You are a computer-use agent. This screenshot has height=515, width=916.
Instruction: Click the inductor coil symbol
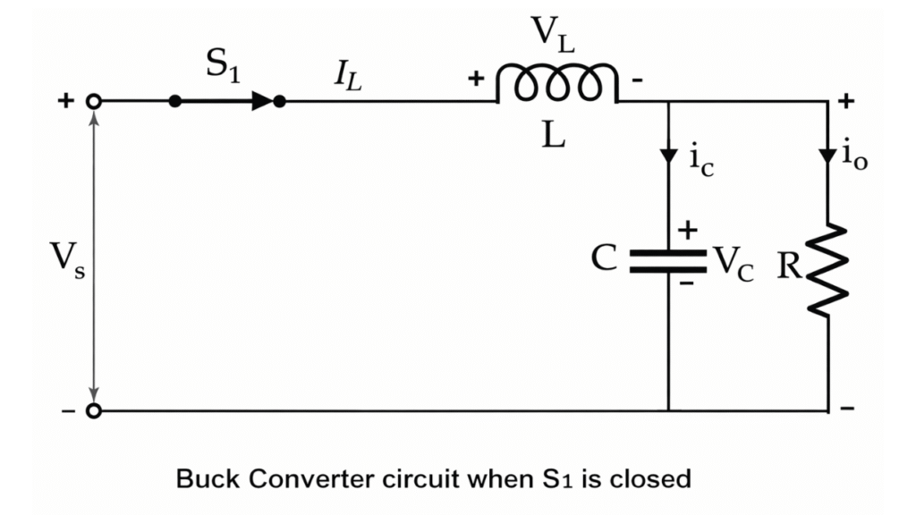pos(556,85)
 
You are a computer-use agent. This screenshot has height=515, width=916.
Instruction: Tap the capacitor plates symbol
pos(668,259)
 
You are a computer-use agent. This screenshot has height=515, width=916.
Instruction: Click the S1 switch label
pos(223,67)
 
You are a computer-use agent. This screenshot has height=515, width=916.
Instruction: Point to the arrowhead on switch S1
pos(262,101)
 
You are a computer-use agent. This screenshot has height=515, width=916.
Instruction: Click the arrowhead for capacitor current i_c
pos(668,156)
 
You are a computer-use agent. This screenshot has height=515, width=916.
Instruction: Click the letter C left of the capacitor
pos(605,259)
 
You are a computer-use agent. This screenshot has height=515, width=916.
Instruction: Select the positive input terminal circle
pos(93,102)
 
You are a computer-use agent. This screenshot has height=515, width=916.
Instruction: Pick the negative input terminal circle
pos(93,411)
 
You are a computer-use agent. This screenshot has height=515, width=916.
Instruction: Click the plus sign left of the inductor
pos(477,80)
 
